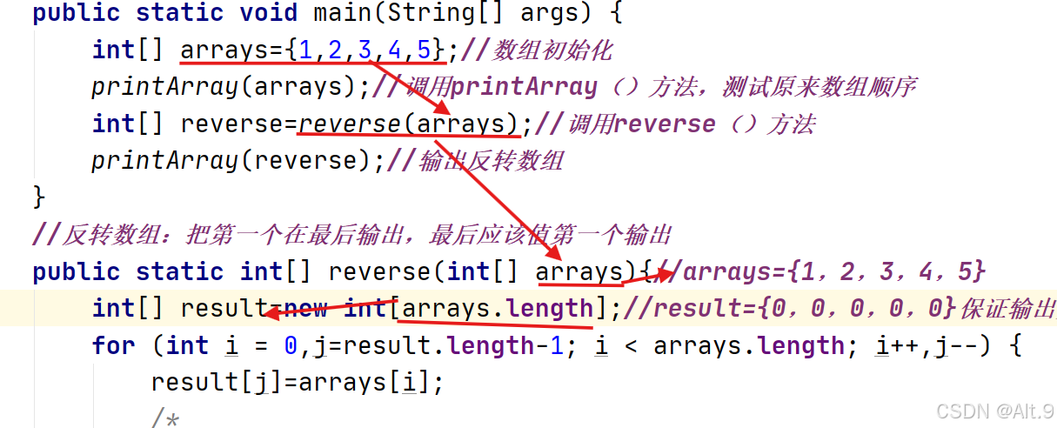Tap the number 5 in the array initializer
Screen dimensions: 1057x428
pyautogui.click(x=424, y=50)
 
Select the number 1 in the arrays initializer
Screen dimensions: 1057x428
pyautogui.click(x=305, y=50)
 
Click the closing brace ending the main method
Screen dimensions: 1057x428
pyautogui.click(x=38, y=197)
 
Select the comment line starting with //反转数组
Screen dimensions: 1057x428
pyautogui.click(x=351, y=235)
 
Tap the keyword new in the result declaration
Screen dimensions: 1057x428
pyautogui.click(x=305, y=308)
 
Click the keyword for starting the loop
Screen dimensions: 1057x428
pyautogui.click(x=113, y=345)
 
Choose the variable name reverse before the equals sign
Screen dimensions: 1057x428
pyautogui.click(x=231, y=124)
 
